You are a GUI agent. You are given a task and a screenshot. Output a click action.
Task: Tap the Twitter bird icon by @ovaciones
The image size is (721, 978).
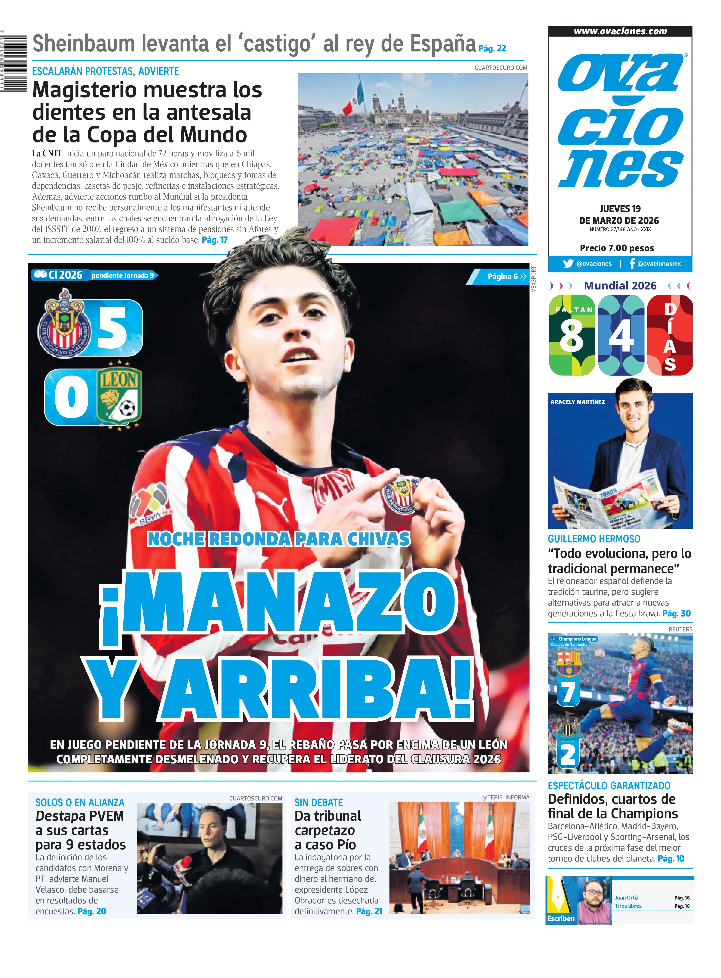[568, 264]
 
